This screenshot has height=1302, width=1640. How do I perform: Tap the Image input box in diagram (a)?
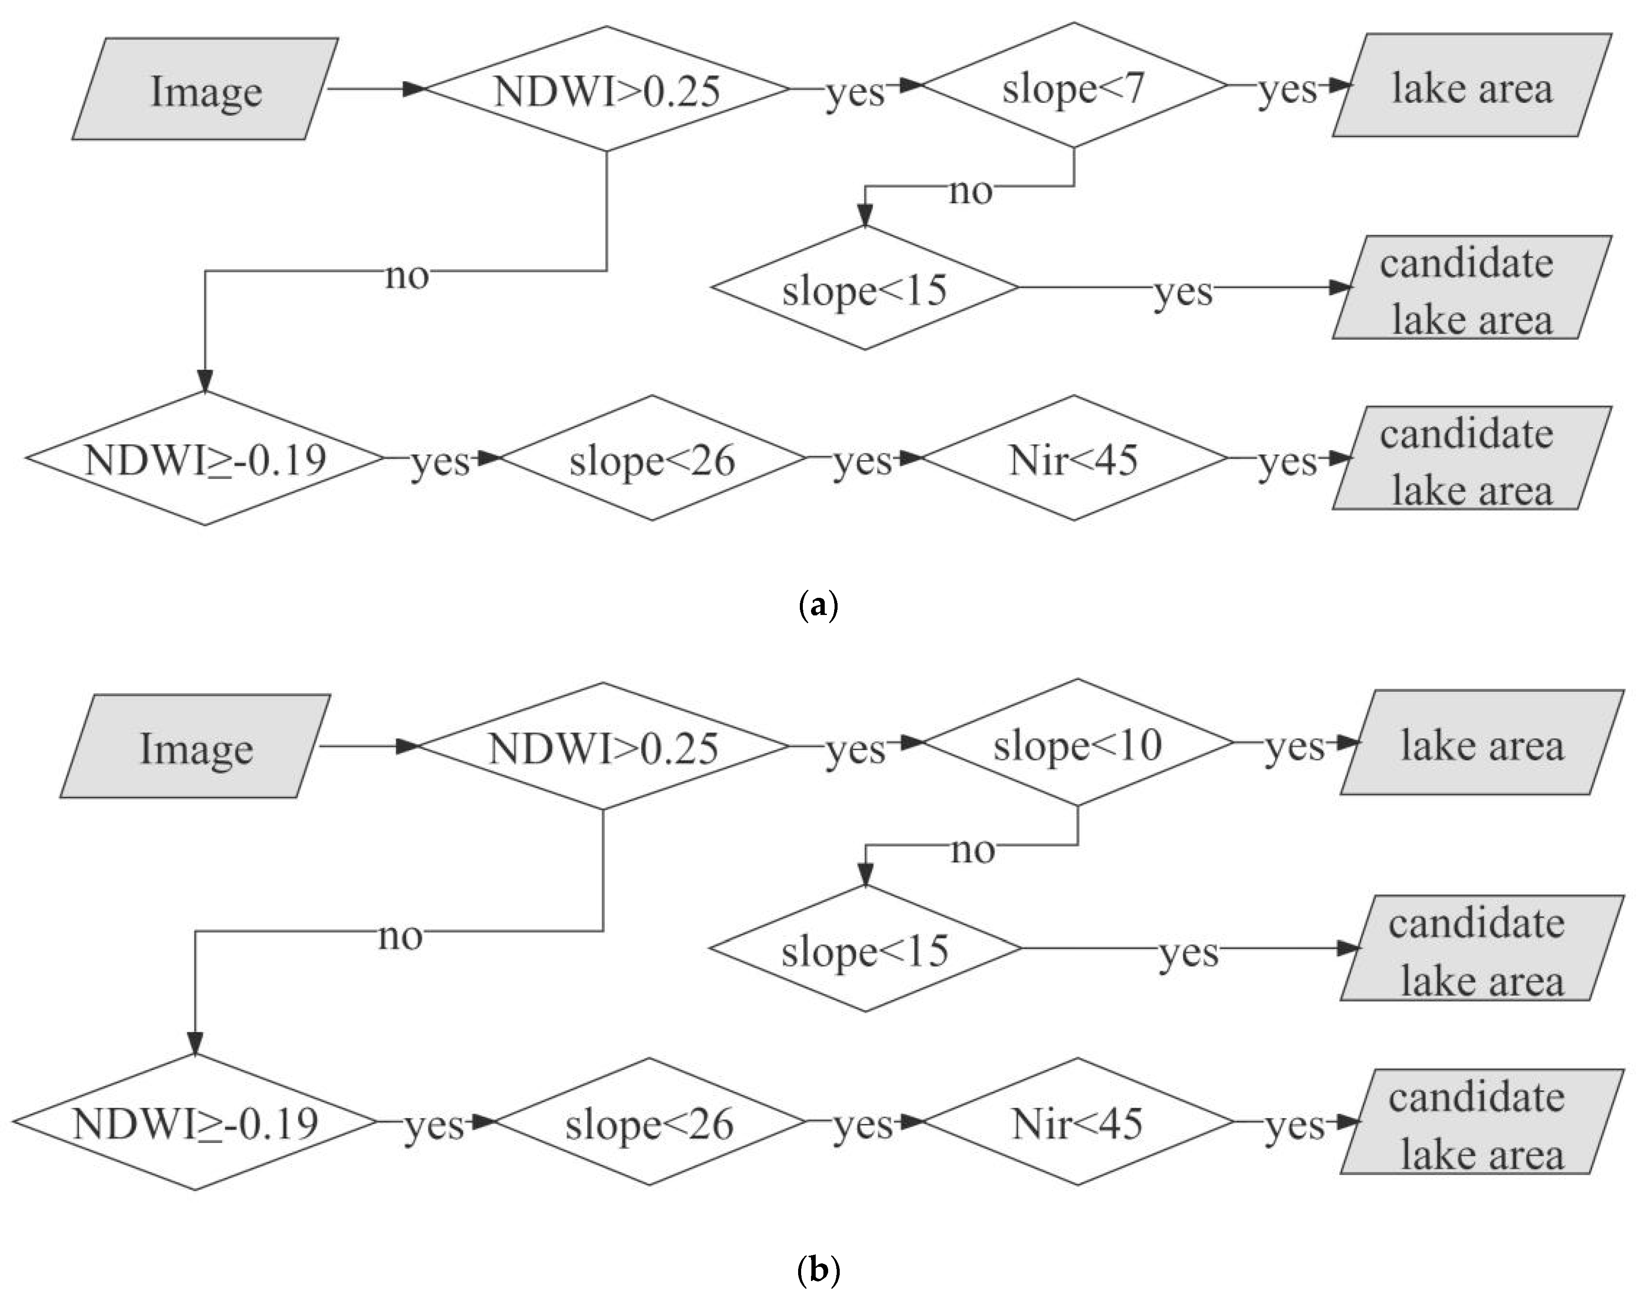(205, 89)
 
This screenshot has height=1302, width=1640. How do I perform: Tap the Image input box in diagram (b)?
(196, 747)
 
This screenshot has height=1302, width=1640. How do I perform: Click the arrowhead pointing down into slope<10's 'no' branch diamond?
(865, 874)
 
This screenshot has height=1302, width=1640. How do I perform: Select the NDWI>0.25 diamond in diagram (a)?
(606, 89)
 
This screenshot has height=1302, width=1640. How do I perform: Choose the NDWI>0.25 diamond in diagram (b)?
(603, 747)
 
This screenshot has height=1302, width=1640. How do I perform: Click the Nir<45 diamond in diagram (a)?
(1073, 458)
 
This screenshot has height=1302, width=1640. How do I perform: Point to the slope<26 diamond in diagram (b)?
(650, 1122)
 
